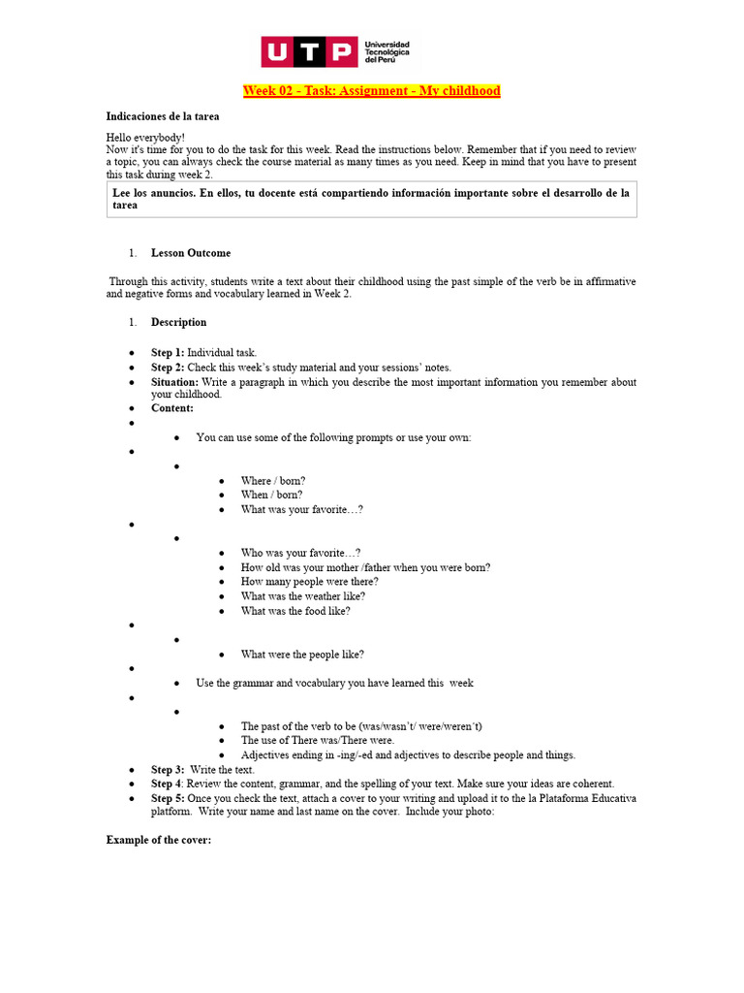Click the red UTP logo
[x=309, y=52]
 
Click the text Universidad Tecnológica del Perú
[x=387, y=52]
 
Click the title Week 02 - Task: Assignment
[x=371, y=91]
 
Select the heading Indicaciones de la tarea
[x=163, y=116]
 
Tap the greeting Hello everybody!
[x=145, y=138]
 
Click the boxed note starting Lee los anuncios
[x=371, y=199]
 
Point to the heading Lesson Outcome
[x=191, y=253]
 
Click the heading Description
[x=178, y=322]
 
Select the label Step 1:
[x=167, y=353]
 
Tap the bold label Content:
[x=172, y=408]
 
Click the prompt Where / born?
[x=273, y=481]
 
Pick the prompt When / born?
[x=271, y=495]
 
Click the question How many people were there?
[x=310, y=582]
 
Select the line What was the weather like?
[x=303, y=596]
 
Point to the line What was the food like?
[x=295, y=611]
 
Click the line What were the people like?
[x=302, y=655]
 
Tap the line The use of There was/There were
[x=318, y=740]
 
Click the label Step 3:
[x=168, y=770]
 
